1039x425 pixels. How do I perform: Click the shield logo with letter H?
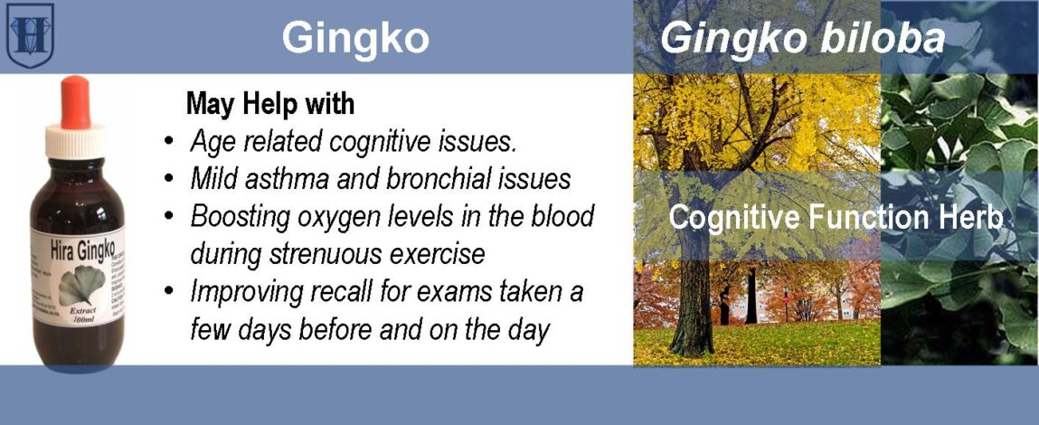click(x=30, y=35)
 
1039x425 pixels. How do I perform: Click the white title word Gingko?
click(x=354, y=38)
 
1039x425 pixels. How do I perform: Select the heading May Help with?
click(x=269, y=104)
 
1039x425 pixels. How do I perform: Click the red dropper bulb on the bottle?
click(x=74, y=100)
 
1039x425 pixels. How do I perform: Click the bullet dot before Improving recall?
click(x=169, y=293)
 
